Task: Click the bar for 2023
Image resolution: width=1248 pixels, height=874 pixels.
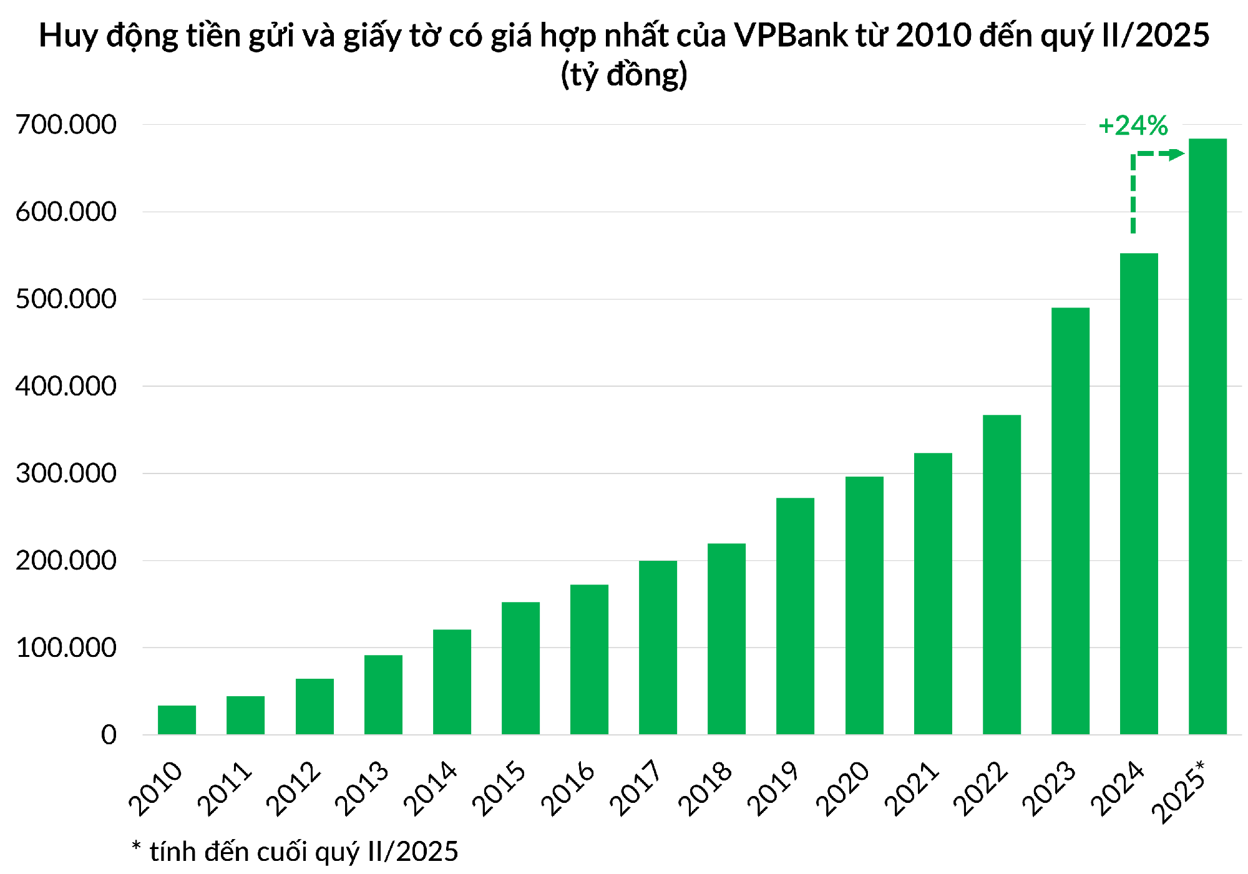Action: pyautogui.click(x=1070, y=520)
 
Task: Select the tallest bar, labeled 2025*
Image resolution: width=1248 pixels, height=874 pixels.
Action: pyautogui.click(x=1207, y=436)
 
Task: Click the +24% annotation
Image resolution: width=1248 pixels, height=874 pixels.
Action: pyautogui.click(x=1133, y=126)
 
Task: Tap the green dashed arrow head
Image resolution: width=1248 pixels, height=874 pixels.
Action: pyautogui.click(x=1177, y=154)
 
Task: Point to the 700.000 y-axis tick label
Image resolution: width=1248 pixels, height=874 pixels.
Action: pyautogui.click(x=66, y=125)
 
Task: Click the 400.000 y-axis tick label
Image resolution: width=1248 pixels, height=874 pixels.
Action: pyautogui.click(x=66, y=386)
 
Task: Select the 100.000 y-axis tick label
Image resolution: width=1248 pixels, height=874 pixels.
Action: pyautogui.click(x=66, y=648)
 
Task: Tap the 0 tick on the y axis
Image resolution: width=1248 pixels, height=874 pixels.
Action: pyautogui.click(x=109, y=735)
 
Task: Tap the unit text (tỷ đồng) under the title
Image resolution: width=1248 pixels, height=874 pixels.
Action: pyautogui.click(x=624, y=75)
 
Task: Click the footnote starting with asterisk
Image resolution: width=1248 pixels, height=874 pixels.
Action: pyautogui.click(x=295, y=851)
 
